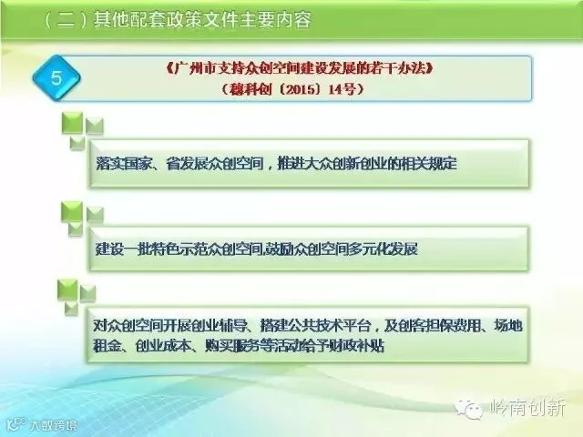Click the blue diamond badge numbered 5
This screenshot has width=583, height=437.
pos(56,78)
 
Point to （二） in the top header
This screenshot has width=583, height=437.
pos(66,19)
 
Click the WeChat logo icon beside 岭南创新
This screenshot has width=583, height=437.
pos(469,409)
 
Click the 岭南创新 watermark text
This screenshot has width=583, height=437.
pos(527,409)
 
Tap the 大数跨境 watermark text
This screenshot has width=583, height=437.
pos(54,425)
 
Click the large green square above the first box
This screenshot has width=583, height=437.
pos(72,123)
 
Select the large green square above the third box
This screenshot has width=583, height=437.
pos(67,290)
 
